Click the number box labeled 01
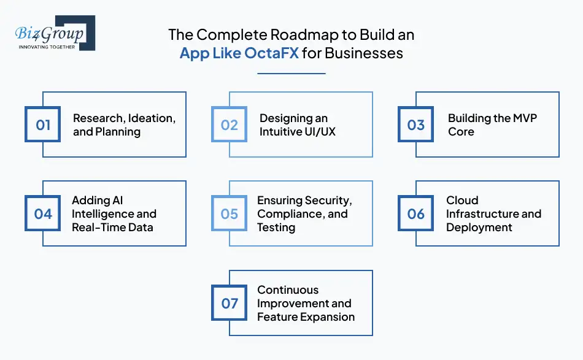(43, 125)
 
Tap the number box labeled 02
(230, 125)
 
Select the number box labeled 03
(416, 125)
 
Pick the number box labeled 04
(43, 214)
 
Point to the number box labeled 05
(230, 214)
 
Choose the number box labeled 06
(416, 214)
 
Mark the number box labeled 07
(230, 304)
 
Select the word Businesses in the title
(364, 53)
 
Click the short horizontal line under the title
(291, 74)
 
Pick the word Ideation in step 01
(152, 118)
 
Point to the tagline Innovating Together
(47, 47)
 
